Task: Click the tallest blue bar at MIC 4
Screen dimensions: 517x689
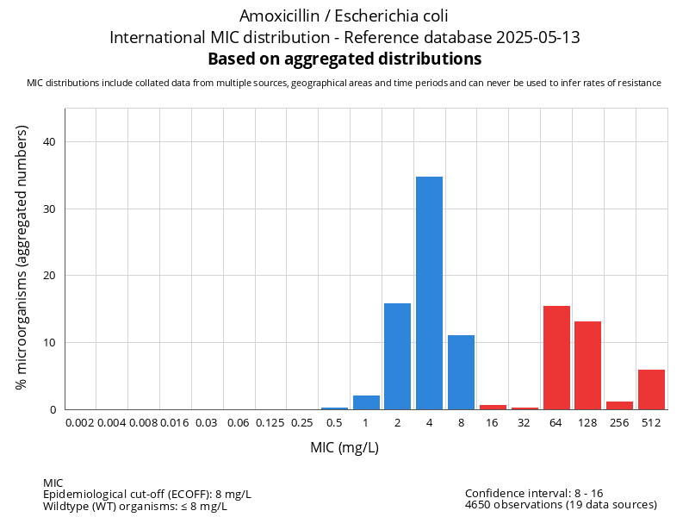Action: (x=429, y=293)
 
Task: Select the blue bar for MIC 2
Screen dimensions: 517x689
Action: (x=397, y=356)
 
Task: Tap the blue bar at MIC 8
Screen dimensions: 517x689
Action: (x=461, y=372)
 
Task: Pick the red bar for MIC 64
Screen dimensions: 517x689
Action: (x=556, y=358)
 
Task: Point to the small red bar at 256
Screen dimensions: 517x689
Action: (x=619, y=406)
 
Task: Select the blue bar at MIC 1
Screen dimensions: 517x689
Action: (x=366, y=402)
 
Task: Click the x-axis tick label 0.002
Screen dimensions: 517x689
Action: (x=79, y=423)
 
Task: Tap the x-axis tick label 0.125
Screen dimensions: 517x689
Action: (x=270, y=423)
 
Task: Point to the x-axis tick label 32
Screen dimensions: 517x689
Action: (x=525, y=423)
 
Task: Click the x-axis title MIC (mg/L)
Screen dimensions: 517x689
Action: (x=344, y=448)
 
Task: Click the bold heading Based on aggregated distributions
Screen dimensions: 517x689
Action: (x=344, y=59)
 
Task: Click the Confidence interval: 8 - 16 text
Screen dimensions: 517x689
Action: (x=534, y=494)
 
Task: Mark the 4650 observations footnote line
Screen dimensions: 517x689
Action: (x=561, y=505)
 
